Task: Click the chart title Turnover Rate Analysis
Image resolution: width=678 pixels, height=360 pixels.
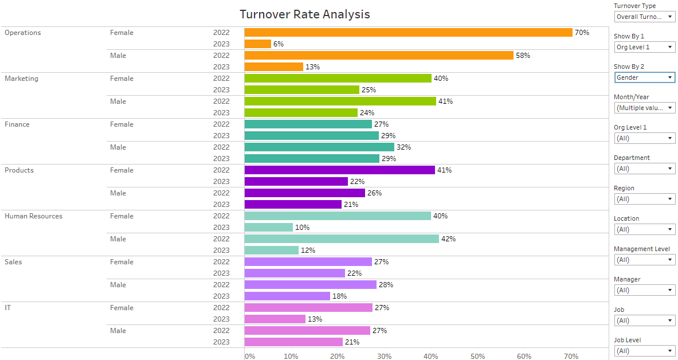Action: (x=305, y=14)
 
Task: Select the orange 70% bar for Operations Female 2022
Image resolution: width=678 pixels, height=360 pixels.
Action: (x=408, y=33)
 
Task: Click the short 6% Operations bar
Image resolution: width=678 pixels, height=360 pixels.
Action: (x=258, y=44)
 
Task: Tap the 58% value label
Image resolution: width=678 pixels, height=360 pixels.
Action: (x=523, y=56)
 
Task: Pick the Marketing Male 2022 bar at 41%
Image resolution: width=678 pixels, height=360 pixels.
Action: (x=340, y=101)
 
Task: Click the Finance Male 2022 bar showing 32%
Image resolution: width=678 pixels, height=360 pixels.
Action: (x=320, y=147)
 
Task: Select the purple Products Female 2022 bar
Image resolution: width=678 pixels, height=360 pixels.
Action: (x=340, y=170)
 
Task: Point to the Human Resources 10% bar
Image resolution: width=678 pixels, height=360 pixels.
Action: (x=269, y=227)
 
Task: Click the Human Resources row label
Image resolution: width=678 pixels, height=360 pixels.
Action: (x=34, y=216)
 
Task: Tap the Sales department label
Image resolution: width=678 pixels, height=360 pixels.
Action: (x=13, y=262)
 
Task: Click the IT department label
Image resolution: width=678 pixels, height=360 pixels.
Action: (x=8, y=308)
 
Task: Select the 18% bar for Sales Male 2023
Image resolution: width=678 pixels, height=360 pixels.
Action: (x=287, y=296)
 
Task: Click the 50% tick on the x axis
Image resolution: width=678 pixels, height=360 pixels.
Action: (x=478, y=356)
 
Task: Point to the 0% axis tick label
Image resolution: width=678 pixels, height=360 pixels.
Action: (x=250, y=356)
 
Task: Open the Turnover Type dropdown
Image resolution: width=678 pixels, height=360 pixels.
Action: (x=645, y=17)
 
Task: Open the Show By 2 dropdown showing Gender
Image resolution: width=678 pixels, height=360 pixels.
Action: (x=645, y=77)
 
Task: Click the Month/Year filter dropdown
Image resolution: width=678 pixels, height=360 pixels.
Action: (x=645, y=108)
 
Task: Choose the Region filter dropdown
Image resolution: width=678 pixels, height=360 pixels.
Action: (x=645, y=199)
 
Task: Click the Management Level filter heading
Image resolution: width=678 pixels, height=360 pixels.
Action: (x=642, y=249)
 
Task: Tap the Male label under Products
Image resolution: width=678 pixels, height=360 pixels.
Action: (x=118, y=193)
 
